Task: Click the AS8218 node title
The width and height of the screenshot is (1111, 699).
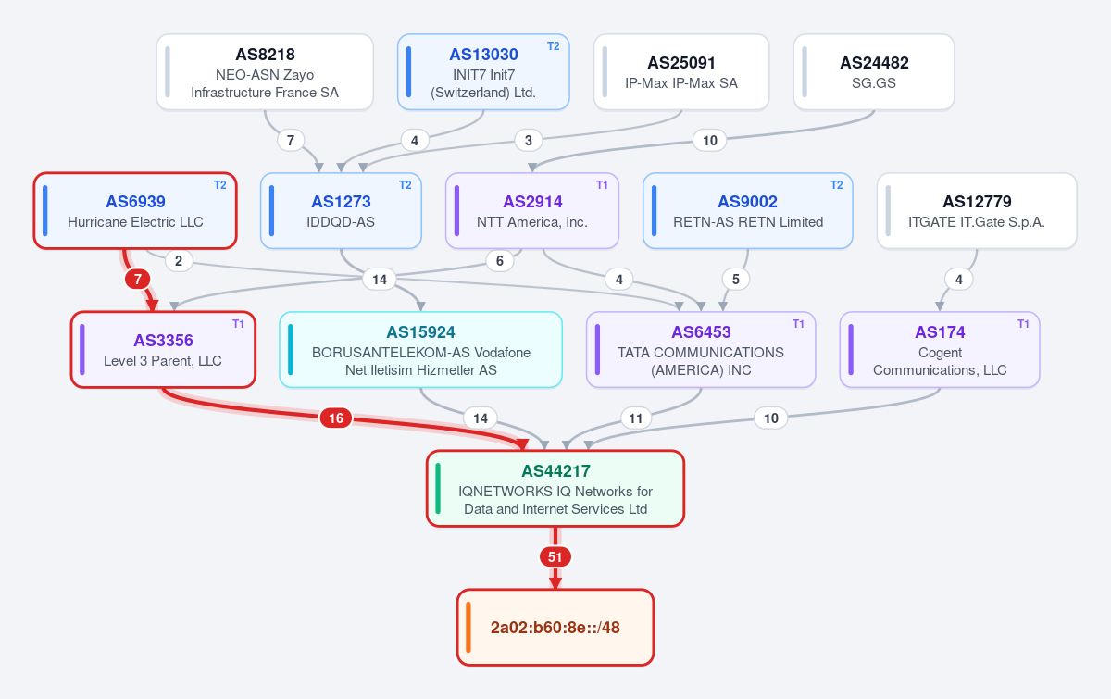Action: pos(265,54)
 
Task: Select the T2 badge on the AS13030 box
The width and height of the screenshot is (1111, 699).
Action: pos(553,46)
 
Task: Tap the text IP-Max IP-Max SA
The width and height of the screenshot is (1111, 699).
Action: pos(681,82)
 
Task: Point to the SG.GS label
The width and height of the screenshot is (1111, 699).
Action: pos(873,82)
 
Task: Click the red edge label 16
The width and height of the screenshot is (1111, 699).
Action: pos(336,418)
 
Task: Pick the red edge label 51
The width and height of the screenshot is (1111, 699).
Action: pos(555,557)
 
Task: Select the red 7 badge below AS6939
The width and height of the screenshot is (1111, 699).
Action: pos(137,280)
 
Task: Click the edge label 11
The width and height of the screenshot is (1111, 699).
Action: pos(636,418)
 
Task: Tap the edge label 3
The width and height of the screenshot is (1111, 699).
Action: pos(529,141)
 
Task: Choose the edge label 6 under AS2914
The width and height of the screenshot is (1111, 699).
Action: pos(499,260)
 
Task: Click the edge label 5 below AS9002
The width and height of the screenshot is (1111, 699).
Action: pos(735,280)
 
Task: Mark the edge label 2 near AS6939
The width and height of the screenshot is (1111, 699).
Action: pos(179,260)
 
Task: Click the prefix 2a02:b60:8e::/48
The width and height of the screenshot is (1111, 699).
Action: pos(555,628)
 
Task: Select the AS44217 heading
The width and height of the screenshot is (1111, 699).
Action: pos(555,471)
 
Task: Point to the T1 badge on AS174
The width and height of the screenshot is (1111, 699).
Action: pos(1023,324)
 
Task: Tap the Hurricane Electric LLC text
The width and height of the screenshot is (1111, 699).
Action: pos(135,222)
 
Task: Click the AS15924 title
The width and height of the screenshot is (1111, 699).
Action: pos(420,331)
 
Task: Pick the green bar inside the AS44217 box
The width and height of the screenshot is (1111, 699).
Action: pos(438,489)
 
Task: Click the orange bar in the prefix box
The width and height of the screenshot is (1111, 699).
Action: pos(468,628)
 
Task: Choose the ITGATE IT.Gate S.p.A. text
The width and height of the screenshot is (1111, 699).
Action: pos(977,222)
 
